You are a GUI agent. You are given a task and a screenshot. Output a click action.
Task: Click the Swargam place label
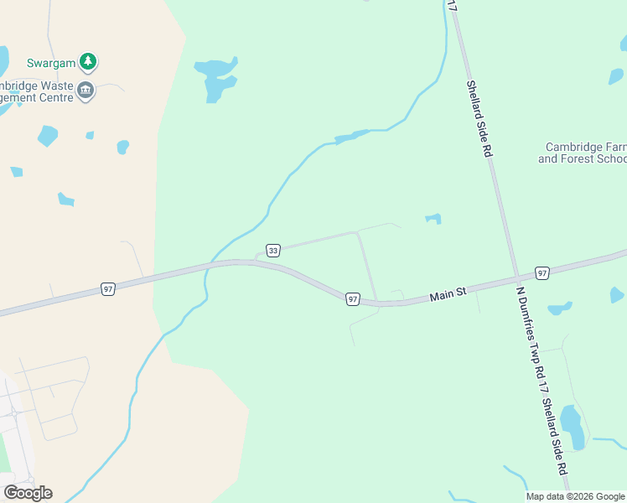51,63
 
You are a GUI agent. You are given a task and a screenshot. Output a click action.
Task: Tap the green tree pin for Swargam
87,61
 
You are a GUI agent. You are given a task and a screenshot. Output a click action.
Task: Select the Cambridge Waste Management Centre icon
85,91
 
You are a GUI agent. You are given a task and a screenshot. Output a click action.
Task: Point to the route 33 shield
272,250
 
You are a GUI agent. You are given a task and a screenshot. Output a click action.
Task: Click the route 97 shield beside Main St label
352,299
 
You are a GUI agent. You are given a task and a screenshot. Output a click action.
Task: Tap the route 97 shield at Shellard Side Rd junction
542,273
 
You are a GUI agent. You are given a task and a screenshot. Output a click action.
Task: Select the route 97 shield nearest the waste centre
107,289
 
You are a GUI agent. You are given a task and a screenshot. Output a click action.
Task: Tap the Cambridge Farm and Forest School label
583,153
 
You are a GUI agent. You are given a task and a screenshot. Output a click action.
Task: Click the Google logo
28,493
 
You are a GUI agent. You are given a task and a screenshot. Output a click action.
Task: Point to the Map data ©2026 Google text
575,496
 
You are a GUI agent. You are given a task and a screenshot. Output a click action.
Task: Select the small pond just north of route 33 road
433,219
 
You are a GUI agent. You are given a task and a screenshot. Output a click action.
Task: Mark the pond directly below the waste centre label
47,135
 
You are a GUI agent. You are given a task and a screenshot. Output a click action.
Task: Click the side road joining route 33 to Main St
367,267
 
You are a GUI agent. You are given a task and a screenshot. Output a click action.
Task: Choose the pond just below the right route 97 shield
558,308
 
